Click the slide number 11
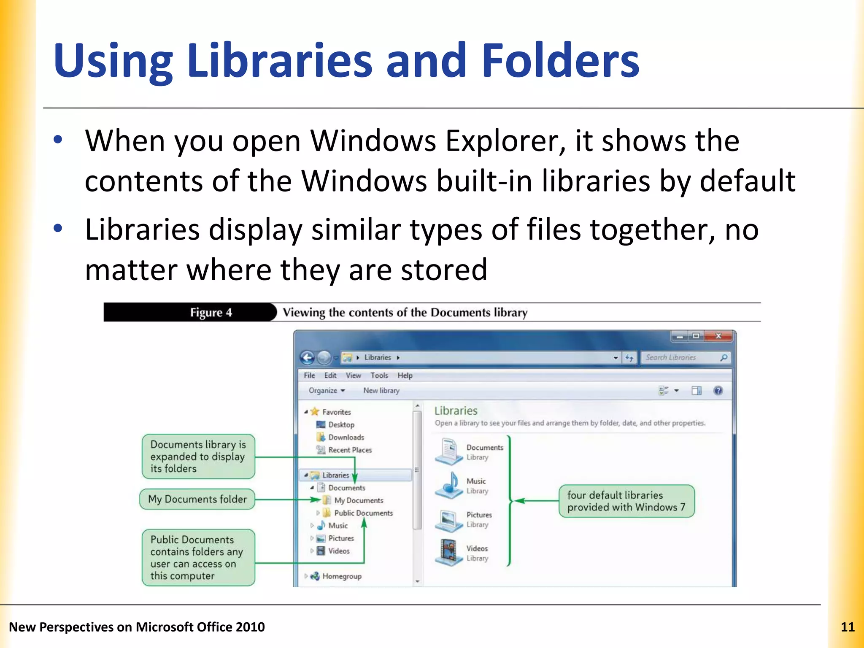point(847,627)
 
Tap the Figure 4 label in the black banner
point(211,313)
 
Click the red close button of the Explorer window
point(718,336)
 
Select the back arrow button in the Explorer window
point(308,358)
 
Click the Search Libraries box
point(680,358)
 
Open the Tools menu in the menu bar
point(379,375)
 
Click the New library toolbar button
point(381,391)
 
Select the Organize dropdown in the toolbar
point(327,391)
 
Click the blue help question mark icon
point(718,391)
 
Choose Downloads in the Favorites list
point(346,437)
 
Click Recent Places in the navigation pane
point(350,450)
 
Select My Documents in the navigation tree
point(359,500)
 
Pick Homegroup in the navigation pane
point(342,576)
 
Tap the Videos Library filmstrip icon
point(449,552)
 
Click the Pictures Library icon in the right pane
point(449,519)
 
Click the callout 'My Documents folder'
point(197,499)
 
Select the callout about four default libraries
point(626,501)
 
